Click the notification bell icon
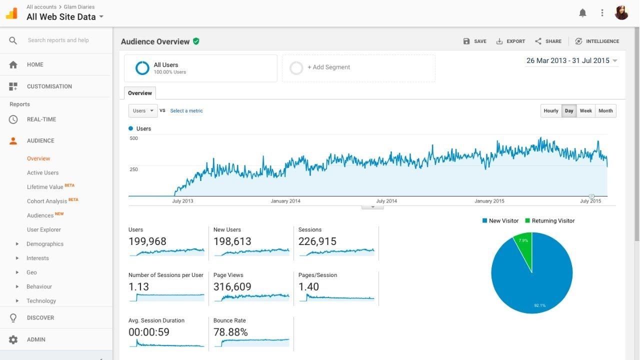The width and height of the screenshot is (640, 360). [582, 13]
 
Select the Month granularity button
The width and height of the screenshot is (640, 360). [605, 111]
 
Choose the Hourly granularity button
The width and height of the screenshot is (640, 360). [551, 111]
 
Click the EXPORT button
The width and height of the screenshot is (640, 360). [510, 41]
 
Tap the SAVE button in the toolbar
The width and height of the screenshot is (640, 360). [475, 41]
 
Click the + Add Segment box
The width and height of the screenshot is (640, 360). [358, 68]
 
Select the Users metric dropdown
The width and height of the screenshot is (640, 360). [143, 111]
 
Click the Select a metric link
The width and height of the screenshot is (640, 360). [186, 111]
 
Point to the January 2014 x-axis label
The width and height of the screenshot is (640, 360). [286, 201]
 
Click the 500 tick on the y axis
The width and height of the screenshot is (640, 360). [133, 138]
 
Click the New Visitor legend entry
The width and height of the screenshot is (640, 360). [500, 221]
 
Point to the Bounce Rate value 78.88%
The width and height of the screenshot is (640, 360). [230, 332]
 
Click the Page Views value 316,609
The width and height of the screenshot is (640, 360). [232, 287]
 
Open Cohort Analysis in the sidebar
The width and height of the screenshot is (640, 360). [47, 201]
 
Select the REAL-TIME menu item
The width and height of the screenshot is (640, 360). [41, 119]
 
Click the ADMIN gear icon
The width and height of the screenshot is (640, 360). [13, 340]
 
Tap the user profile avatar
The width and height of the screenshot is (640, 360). [621, 13]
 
